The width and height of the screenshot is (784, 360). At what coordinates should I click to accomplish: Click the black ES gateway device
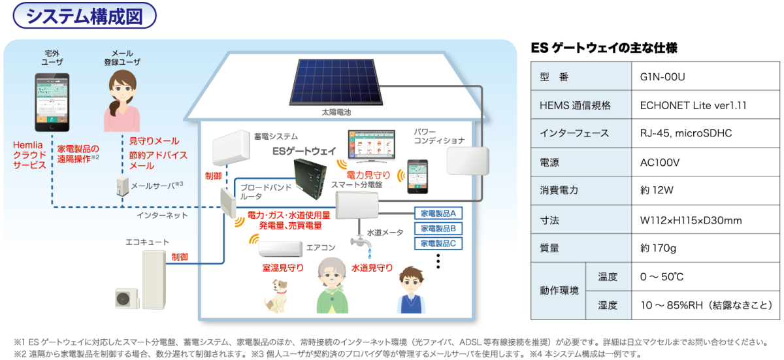pyautogui.click(x=312, y=179)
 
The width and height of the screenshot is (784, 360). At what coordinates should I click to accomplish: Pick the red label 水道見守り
pyautogui.click(x=372, y=268)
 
